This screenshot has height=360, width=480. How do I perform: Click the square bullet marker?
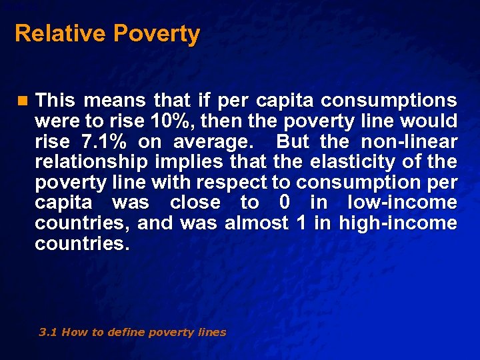23,101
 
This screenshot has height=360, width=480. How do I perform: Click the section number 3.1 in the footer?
48,332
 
